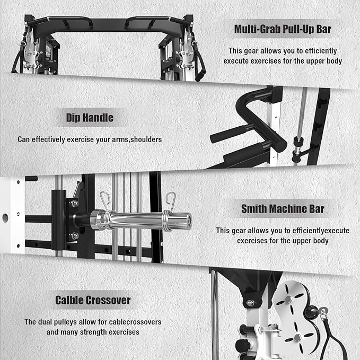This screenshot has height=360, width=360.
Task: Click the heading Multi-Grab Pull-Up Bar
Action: [283, 29]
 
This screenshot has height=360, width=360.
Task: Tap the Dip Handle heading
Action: [90, 118]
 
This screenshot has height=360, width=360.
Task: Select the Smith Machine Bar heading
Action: [283, 209]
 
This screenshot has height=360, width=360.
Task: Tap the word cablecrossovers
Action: [135, 322]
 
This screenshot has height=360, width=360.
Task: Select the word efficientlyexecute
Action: [321, 231]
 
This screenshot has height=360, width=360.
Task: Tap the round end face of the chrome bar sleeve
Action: [189, 221]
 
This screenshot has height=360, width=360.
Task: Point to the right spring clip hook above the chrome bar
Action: [171, 201]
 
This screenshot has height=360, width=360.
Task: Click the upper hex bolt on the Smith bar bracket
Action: [74, 204]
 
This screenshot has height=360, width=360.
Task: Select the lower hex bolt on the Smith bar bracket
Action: [74, 236]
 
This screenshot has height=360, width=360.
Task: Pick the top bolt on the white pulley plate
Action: [288, 299]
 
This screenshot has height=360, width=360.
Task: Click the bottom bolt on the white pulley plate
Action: [297, 338]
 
